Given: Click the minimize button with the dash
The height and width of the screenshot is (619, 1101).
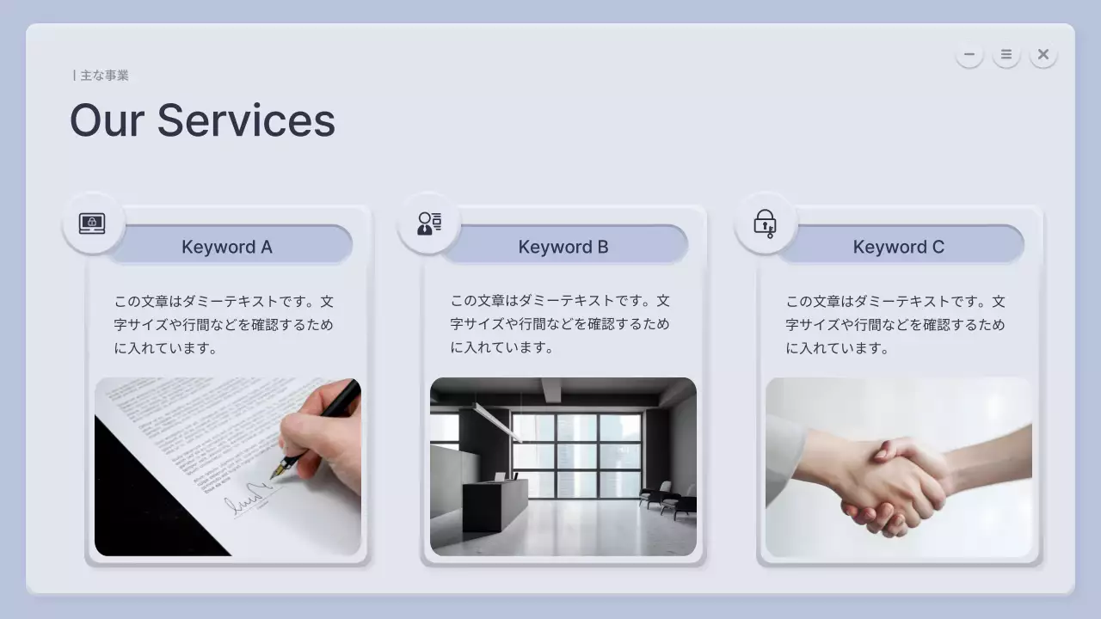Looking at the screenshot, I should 969,54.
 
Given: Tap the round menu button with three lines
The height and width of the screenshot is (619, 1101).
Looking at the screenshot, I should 1006,54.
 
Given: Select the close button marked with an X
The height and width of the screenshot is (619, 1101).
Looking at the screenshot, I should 1043,54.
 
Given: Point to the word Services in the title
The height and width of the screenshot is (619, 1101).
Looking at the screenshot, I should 246,120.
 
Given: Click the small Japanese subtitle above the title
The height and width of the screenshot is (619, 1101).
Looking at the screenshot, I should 101,76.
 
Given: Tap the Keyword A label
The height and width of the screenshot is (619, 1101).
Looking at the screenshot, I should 227,247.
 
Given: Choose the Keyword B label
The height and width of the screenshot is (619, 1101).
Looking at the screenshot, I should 563,247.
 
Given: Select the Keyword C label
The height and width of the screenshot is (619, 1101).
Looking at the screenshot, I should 899,247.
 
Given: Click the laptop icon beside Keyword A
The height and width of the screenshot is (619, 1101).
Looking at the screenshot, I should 92,224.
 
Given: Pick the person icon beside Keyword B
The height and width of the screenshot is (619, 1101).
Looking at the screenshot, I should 429,224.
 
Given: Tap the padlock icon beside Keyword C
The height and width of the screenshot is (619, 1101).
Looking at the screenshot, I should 765,224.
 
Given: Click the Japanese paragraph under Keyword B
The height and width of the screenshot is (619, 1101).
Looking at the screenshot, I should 560,324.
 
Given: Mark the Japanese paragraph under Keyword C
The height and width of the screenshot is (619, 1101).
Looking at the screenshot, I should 895,325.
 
